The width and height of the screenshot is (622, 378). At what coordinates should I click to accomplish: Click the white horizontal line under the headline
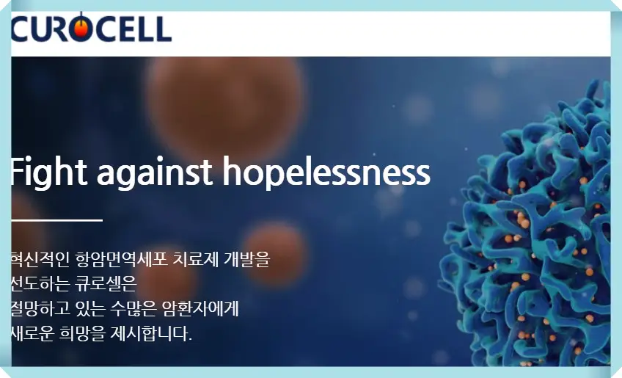tap(56, 219)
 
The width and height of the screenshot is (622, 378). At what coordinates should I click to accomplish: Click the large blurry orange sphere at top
tap(224, 92)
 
